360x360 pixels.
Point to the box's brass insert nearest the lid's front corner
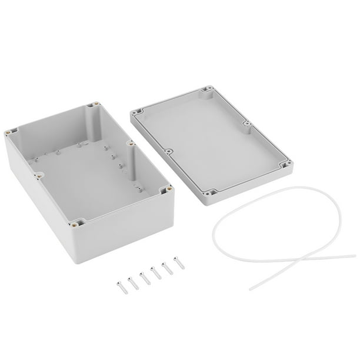[x=169, y=189]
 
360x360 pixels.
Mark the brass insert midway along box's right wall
[x=128, y=141]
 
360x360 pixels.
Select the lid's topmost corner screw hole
[x=206, y=90]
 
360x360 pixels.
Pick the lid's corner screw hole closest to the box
[x=136, y=110]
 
